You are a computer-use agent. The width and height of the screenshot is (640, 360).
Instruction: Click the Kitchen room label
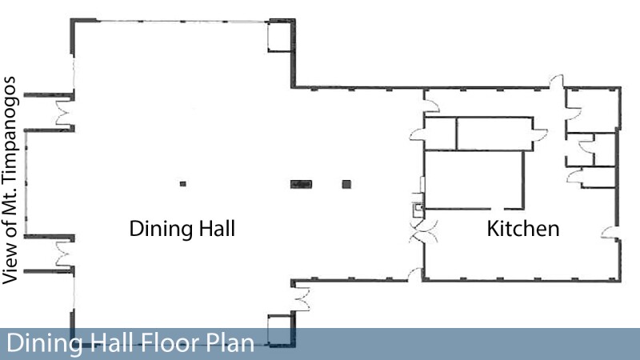tap(523, 229)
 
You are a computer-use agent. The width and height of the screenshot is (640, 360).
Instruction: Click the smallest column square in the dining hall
tap(183, 184)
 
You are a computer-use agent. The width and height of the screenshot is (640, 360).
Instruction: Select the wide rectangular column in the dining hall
tap(302, 185)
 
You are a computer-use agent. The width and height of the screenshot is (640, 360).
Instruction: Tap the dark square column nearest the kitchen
tap(346, 185)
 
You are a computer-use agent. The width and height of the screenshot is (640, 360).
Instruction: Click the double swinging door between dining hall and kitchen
tap(424, 231)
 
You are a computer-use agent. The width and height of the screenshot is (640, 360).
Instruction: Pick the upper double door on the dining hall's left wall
tap(65, 113)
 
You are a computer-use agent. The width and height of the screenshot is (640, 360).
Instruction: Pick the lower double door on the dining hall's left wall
tap(65, 254)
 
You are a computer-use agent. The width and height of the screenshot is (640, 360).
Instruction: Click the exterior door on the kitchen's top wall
tap(556, 82)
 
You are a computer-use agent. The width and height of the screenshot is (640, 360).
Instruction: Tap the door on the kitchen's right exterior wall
tap(610, 233)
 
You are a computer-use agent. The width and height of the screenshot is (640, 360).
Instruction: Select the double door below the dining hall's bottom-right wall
tap(302, 299)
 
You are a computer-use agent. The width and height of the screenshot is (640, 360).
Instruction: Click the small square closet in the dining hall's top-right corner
tap(280, 37)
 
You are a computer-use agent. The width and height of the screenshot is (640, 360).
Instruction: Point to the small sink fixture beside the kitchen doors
tap(418, 209)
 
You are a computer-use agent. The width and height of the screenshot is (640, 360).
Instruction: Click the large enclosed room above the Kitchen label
tap(474, 180)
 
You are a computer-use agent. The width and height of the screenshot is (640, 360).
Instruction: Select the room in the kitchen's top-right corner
tap(593, 110)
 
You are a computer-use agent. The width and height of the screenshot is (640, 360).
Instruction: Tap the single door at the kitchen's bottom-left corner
tap(415, 274)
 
